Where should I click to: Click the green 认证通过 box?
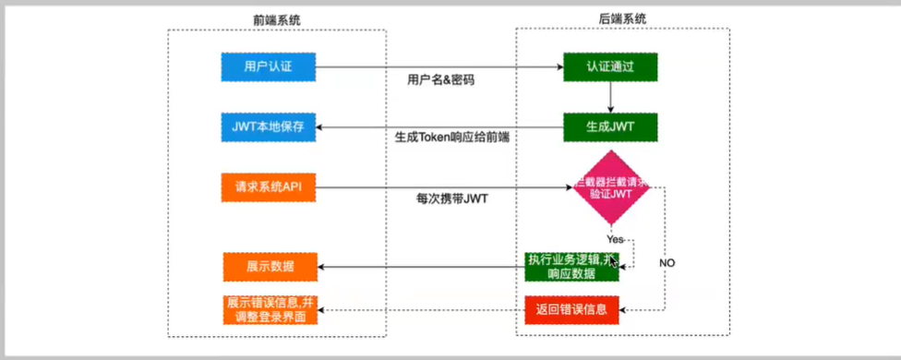[610, 66]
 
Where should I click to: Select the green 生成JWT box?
[610, 126]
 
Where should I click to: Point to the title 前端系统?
[276, 18]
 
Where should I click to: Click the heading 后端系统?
[623, 18]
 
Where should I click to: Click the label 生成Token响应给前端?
[451, 138]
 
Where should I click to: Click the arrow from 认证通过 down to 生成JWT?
[610, 96]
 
